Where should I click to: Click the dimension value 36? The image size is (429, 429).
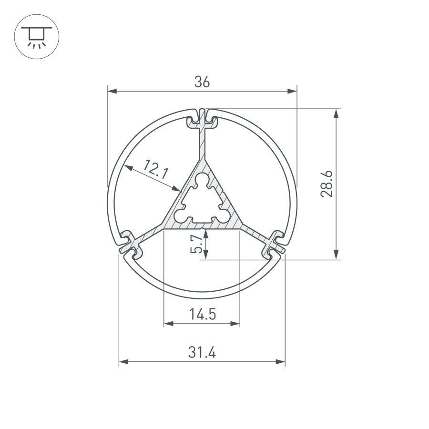click(x=202, y=82)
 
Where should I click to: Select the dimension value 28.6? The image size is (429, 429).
click(x=327, y=184)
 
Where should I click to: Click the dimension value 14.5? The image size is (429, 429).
click(x=202, y=315)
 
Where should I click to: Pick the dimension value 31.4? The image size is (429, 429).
click(x=202, y=353)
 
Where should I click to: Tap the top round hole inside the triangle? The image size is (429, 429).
click(x=202, y=181)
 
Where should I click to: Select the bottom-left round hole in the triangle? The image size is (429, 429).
click(x=180, y=216)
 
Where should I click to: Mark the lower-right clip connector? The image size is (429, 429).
click(x=274, y=243)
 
